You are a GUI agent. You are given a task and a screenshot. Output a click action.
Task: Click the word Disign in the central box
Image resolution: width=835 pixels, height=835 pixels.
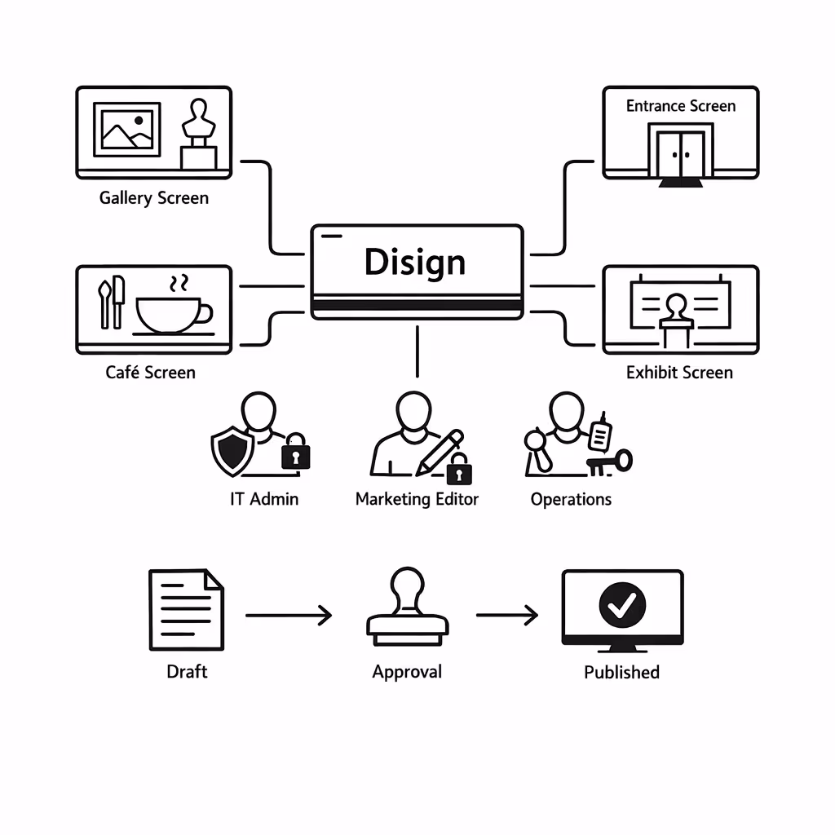pos(415,262)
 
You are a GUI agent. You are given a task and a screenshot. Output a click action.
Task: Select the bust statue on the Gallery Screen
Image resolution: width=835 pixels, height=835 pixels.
pos(198,134)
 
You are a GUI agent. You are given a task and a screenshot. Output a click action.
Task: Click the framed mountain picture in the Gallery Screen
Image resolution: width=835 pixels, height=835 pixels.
pos(126,129)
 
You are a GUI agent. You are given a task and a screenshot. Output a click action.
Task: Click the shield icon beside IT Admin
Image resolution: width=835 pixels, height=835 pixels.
pos(232,450)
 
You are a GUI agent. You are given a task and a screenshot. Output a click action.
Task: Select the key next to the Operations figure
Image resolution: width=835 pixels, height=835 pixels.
pos(611,462)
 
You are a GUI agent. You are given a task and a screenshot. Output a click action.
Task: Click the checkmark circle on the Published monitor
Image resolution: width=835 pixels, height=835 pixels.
pos(622,604)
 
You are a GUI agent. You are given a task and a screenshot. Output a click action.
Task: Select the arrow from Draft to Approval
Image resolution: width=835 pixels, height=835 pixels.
pos(289,615)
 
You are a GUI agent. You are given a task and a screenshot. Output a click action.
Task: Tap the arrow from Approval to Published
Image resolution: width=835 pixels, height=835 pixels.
pos(507,615)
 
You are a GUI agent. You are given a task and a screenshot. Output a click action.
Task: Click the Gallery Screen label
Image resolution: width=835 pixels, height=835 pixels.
pos(153,198)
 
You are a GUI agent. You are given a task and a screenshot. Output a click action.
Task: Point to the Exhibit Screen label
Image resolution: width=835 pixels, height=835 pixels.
pos(679,373)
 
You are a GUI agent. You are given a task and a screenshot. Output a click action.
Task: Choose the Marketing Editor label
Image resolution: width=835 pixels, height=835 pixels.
pos(417,499)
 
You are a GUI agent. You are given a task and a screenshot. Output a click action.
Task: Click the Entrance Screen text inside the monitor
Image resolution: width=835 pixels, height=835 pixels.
pos(680,106)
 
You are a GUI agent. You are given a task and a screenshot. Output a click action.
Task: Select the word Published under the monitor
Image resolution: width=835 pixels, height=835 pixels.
pos(621,673)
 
